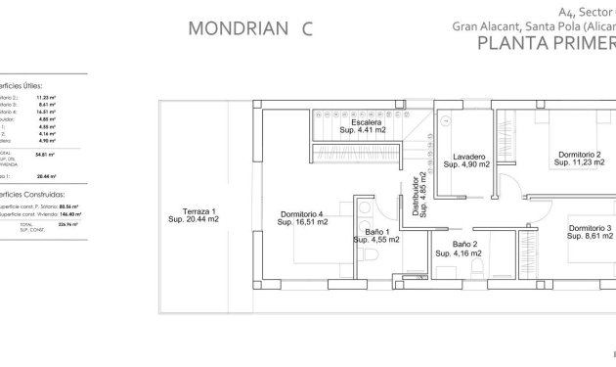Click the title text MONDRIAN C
point(248,27)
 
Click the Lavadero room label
point(467,157)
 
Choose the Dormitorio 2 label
point(579,155)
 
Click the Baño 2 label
point(464,245)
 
